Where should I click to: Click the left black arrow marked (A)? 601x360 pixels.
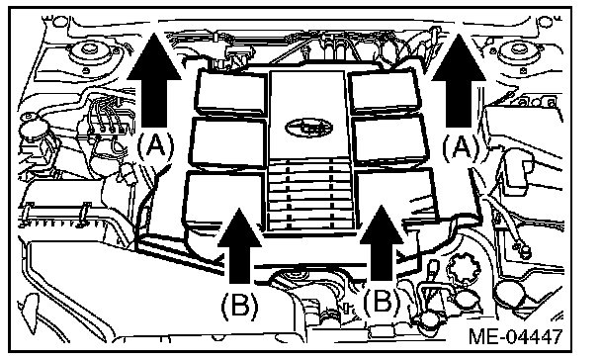coord(154,80)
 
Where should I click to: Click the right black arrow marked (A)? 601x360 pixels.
coord(459,80)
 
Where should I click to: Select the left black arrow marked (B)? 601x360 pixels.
coord(240,245)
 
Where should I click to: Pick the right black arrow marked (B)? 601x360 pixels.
coord(382,243)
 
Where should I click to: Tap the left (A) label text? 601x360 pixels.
coord(155,146)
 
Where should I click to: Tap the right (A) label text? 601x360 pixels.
coord(461,147)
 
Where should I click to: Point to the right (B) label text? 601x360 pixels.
coord(382,301)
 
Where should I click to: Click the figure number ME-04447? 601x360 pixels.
coord(516,336)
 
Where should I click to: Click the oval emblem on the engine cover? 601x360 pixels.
coord(309,128)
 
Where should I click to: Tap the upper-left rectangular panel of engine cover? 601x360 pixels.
coord(230,92)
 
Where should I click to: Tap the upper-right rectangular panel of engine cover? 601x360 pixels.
coord(386,91)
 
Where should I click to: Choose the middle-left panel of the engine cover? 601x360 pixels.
coord(228,142)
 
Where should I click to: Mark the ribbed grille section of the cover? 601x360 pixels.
coord(309,196)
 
